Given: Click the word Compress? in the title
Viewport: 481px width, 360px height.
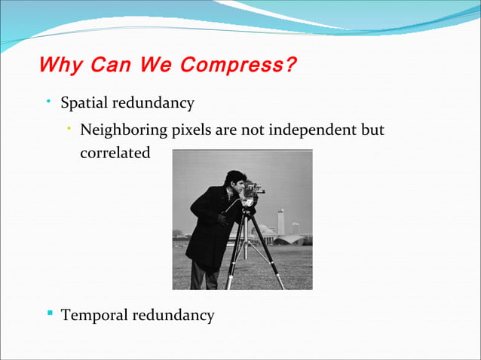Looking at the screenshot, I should [x=239, y=65].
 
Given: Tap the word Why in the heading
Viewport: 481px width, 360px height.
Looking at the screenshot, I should [x=60, y=65].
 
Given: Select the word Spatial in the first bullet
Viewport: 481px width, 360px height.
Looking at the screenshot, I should [x=85, y=103].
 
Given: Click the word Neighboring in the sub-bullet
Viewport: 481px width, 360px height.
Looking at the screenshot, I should [x=124, y=130].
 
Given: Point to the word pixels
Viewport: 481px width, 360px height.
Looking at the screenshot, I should [x=191, y=130].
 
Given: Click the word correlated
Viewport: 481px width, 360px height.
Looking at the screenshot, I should [x=115, y=153].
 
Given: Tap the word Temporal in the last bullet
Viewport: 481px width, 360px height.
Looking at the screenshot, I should [x=94, y=316].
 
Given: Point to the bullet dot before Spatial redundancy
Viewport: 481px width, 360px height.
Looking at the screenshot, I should [x=47, y=100].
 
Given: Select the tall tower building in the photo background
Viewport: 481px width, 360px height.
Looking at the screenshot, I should [x=280, y=221].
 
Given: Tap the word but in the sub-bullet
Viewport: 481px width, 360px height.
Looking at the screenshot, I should [x=372, y=130].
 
